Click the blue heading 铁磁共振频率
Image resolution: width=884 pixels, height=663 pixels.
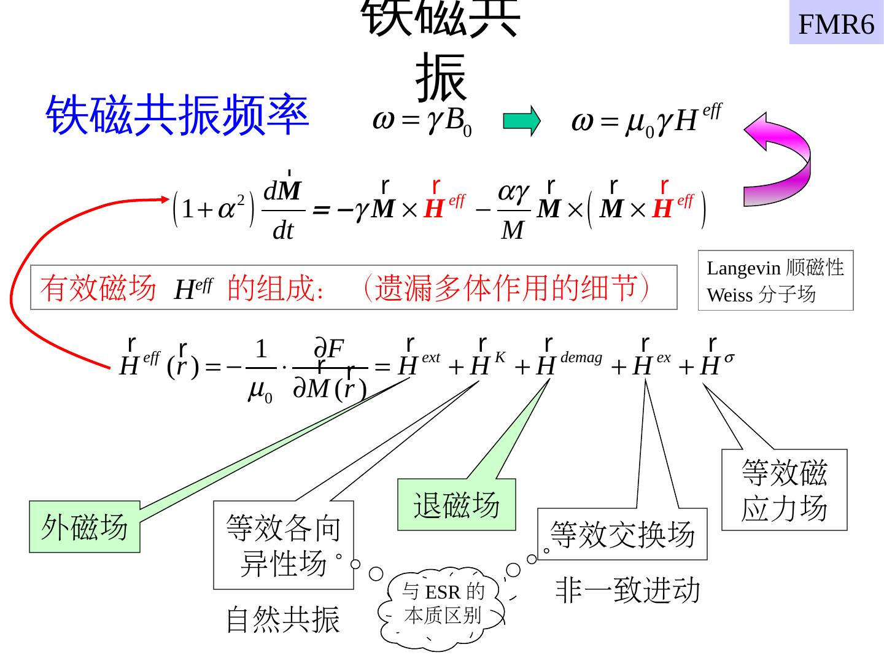[177, 115]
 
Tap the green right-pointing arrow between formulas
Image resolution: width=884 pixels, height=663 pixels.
[521, 121]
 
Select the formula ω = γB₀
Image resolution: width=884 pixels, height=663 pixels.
[422, 121]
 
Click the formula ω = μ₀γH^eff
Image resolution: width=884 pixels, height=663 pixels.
[646, 121]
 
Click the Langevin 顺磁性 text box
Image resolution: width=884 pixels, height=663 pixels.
[775, 281]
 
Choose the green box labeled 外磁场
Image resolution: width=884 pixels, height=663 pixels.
[85, 527]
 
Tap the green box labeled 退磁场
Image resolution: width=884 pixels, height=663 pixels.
[457, 505]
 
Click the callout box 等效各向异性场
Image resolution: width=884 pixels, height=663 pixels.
[283, 545]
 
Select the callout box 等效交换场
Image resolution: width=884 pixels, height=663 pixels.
[622, 534]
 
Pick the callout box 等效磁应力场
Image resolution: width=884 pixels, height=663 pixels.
[784, 490]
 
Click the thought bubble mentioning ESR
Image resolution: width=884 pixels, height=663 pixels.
[443, 604]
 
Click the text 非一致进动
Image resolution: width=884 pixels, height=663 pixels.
[627, 590]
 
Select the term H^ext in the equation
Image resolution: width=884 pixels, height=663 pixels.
[419, 363]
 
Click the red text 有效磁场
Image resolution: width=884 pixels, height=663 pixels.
[98, 288]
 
